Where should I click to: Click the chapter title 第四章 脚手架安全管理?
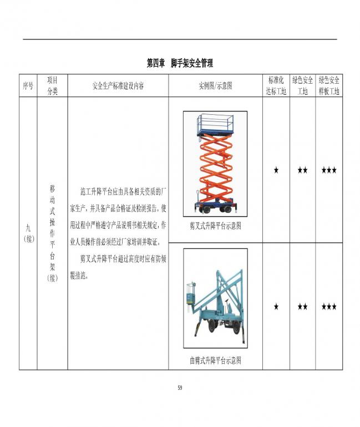(x=180, y=63)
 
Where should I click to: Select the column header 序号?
(x=28, y=86)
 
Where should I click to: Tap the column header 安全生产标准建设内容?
(x=118, y=86)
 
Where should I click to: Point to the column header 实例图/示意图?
(x=215, y=86)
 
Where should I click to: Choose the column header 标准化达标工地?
(x=276, y=85)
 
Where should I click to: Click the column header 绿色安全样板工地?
(x=329, y=85)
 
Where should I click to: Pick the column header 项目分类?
(x=52, y=85)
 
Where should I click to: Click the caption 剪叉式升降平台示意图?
(x=215, y=226)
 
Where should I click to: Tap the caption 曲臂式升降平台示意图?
(x=215, y=360)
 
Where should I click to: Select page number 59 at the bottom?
(x=180, y=388)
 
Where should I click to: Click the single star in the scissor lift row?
(x=276, y=170)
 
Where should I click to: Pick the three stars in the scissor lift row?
(x=329, y=170)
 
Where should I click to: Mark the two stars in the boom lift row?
(x=302, y=307)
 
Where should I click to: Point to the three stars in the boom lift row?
(x=329, y=307)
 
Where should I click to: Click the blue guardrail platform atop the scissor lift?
(x=215, y=125)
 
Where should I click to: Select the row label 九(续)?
(x=28, y=233)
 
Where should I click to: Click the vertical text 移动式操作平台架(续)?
(x=52, y=233)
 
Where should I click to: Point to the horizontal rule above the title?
(x=180, y=39)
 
